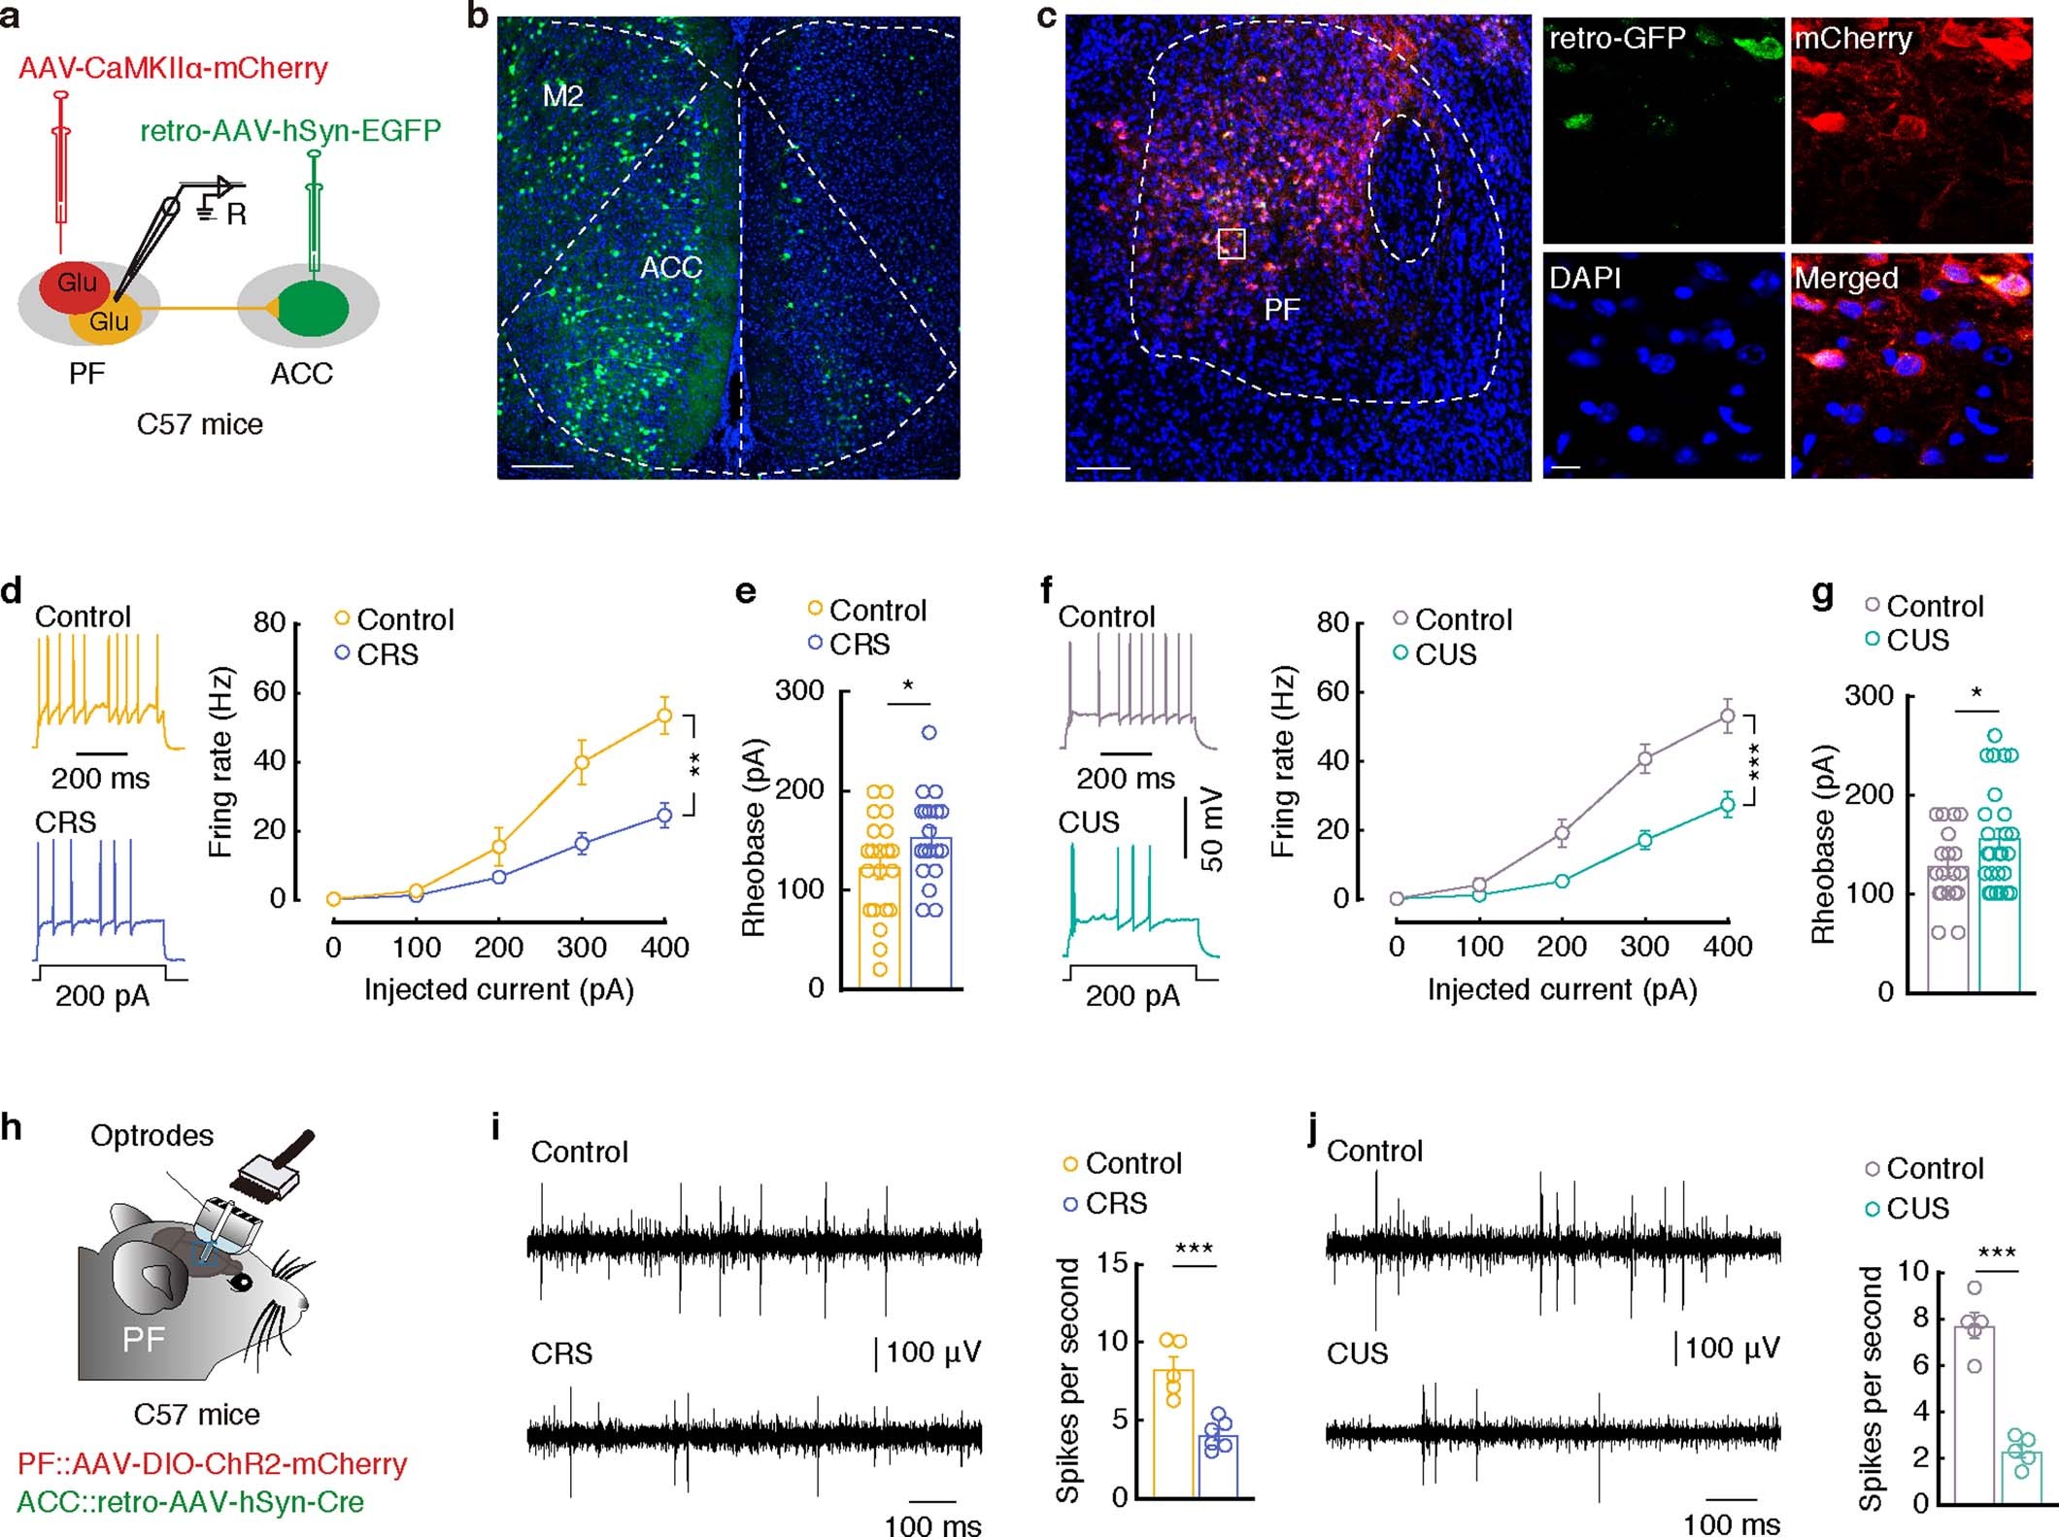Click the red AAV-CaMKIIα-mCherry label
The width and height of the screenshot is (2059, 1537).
point(173,68)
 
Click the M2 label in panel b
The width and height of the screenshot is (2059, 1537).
point(562,96)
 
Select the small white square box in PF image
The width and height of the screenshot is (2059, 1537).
point(1232,244)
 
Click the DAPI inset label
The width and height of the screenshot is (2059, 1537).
point(1585,279)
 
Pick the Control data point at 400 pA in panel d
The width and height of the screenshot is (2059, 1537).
point(664,716)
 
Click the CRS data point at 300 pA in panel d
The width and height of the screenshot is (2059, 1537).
point(582,843)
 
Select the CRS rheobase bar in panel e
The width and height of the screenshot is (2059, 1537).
point(930,913)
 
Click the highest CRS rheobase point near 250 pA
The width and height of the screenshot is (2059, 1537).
point(929,733)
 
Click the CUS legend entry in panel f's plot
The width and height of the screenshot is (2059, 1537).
point(1444,654)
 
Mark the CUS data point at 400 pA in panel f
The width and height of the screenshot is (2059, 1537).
point(1727,804)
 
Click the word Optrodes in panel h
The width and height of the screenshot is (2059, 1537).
point(152,1135)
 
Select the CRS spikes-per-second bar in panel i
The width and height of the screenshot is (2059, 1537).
point(1217,1465)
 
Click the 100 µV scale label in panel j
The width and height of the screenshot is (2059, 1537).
point(1732,1348)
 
